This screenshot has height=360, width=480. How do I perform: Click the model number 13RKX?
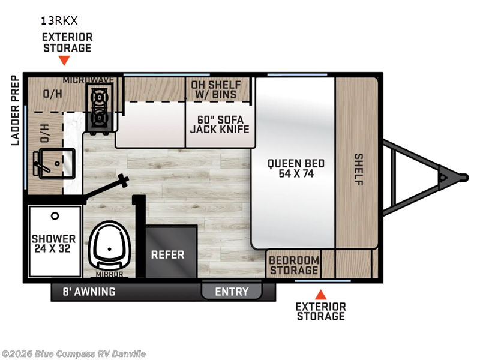59,20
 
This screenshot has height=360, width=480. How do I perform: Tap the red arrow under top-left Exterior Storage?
65,61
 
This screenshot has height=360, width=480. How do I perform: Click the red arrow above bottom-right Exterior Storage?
321,295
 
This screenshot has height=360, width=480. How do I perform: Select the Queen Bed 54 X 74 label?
296,169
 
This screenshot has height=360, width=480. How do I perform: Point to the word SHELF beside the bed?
358,169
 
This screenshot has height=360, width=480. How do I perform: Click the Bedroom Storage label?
293,265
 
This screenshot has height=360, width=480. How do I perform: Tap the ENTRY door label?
232,292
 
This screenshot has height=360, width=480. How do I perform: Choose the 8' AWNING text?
89,292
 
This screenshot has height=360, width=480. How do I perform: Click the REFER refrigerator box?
167,254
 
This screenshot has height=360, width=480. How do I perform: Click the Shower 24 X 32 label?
54,243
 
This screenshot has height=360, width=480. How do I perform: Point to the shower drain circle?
55,215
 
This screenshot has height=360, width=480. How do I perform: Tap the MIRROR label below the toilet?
109,274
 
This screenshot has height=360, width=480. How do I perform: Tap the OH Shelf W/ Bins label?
216,89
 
